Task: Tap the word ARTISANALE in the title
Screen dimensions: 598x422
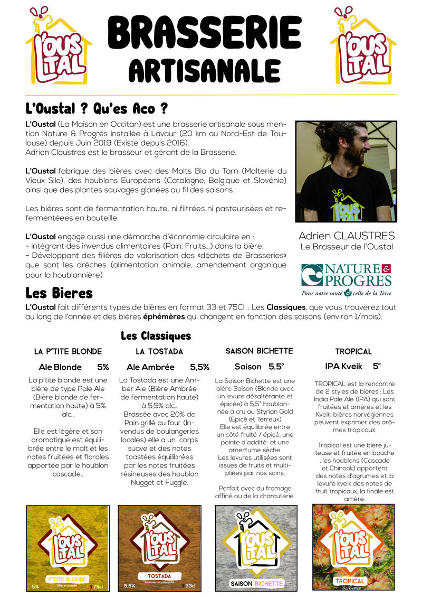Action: pyautogui.click(x=205, y=71)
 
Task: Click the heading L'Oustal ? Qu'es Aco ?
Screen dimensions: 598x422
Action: pyautogui.click(x=97, y=109)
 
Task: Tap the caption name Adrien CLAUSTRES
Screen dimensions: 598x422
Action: pyautogui.click(x=346, y=236)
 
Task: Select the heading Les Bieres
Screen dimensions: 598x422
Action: pyautogui.click(x=59, y=292)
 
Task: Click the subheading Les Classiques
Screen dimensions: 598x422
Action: pyautogui.click(x=156, y=335)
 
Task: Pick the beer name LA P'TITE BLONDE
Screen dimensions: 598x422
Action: pyautogui.click(x=68, y=351)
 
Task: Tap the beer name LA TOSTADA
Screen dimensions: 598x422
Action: pyautogui.click(x=159, y=351)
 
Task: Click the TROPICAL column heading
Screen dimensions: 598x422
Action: pyautogui.click(x=353, y=351)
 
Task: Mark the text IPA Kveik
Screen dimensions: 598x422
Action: pyautogui.click(x=343, y=366)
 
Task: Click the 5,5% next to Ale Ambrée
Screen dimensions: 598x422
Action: pyautogui.click(x=199, y=367)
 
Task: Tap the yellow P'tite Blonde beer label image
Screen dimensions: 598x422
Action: pyautogui.click(x=68, y=547)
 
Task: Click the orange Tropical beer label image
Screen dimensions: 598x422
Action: pyautogui.click(x=354, y=547)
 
